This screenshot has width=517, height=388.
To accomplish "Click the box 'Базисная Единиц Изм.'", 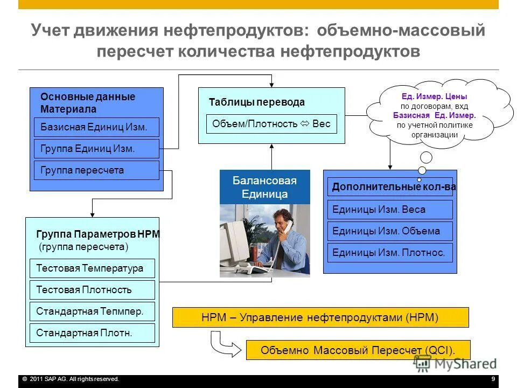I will tap(96, 127).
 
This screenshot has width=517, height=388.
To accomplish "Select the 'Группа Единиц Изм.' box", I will tap(96, 149).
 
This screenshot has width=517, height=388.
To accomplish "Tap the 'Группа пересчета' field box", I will tap(96, 170).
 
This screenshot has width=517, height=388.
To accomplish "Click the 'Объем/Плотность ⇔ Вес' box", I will tap(271, 124).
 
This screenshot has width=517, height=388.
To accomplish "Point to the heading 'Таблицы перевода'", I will tap(256, 102).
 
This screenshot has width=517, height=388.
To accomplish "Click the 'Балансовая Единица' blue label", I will tap(264, 187).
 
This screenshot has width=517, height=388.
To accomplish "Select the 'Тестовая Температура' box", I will tap(92, 268).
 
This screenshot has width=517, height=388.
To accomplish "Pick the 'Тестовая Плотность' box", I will tap(92, 290).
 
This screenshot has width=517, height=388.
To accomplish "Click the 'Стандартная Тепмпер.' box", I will tap(92, 311).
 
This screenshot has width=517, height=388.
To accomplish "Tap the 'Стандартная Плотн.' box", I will tap(92, 333).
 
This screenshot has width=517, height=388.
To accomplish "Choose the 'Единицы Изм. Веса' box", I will tap(390, 210).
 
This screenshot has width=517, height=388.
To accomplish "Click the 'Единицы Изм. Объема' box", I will tap(390, 231).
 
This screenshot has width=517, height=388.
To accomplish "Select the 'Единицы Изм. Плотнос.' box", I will tap(390, 253).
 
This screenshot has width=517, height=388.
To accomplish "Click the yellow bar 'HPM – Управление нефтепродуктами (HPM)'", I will tap(320, 317).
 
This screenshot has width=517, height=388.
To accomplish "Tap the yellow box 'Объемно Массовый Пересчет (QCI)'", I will tap(358, 350).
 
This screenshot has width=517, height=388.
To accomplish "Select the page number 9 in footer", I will tap(493, 379).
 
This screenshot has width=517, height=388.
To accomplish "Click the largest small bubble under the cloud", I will tap(426, 158).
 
